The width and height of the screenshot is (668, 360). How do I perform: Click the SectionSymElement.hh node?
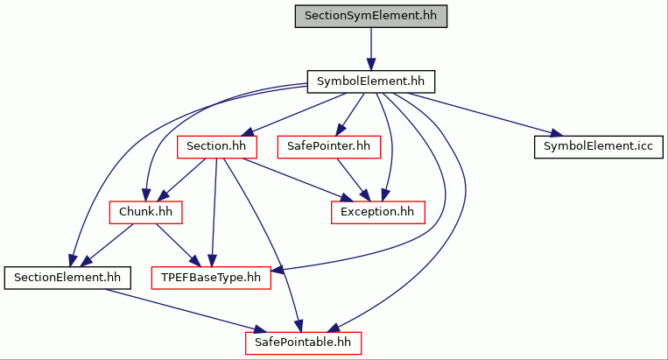tap(371, 16)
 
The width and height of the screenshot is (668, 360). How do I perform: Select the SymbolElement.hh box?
tap(371, 81)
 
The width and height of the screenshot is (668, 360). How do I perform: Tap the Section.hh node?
tap(217, 147)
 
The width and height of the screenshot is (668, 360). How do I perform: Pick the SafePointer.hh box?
tap(329, 147)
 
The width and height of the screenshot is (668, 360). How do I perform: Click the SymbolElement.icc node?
tap(599, 147)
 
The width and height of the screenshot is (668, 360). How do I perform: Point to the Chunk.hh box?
tap(145, 212)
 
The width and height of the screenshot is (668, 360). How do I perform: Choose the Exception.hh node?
tap(378, 212)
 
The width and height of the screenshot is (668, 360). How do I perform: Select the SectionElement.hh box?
tap(67, 278)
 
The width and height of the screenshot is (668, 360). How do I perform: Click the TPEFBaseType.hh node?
tap(211, 278)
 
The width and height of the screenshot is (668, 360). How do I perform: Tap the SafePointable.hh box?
tap(303, 343)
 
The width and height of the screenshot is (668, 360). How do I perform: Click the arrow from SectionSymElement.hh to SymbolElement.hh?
tap(371, 49)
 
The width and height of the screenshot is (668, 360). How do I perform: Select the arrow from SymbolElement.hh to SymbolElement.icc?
tap(484, 114)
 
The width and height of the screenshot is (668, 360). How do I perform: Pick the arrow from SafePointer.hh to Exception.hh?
tap(354, 180)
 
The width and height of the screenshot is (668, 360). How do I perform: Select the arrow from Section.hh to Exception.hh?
tap(299, 180)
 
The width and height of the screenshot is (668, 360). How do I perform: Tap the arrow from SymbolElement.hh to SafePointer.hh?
tap(350, 114)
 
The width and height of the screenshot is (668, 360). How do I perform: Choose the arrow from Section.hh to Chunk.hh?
tap(181, 180)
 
